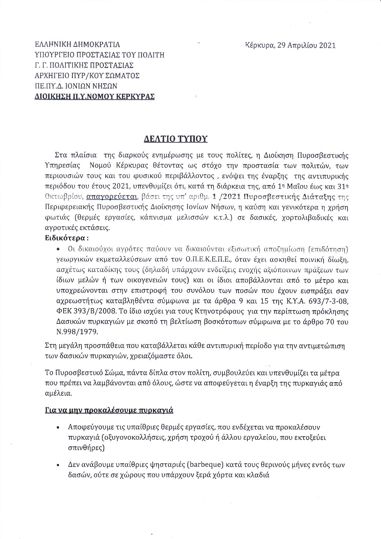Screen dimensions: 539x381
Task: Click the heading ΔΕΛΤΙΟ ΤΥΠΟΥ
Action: [x=176, y=139]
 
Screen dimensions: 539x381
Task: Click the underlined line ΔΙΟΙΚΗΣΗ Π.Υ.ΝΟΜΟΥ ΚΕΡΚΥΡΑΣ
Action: [x=95, y=97]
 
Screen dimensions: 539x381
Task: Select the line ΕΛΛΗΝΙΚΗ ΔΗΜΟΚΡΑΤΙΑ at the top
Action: [x=77, y=45]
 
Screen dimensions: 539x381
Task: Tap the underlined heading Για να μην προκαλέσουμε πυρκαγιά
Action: [x=109, y=410]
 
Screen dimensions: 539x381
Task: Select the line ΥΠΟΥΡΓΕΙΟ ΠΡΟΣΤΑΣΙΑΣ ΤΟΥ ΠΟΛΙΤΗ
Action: [x=100, y=55]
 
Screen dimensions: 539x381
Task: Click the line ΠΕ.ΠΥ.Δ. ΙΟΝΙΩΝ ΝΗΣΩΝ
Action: [x=76, y=86]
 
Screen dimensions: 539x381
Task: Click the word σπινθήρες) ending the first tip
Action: [x=86, y=448]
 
